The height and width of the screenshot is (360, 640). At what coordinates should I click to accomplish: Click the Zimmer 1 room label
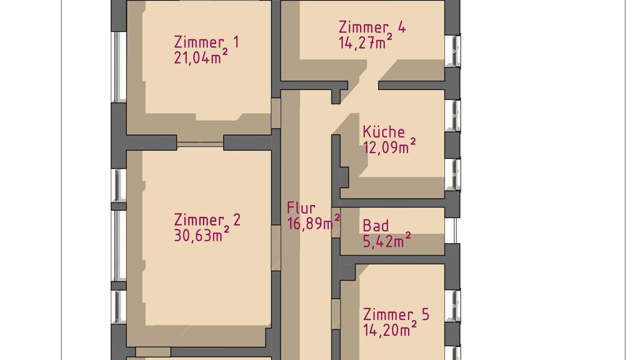tap(206, 42)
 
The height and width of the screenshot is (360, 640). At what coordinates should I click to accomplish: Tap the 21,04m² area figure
tap(201, 57)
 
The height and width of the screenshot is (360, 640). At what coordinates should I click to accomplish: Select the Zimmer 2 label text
tap(207, 219)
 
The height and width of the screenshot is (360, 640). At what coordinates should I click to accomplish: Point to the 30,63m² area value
tap(201, 235)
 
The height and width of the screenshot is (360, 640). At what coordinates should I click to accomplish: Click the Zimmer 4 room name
tap(372, 27)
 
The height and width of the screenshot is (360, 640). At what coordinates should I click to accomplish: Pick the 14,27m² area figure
tap(365, 42)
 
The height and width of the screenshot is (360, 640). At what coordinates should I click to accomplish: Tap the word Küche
tap(384, 132)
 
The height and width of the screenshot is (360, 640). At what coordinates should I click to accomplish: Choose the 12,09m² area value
tap(389, 146)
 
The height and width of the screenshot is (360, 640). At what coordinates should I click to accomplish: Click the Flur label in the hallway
tap(301, 208)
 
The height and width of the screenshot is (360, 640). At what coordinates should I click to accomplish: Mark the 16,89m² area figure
tap(314, 223)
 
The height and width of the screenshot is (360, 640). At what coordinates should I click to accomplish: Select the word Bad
tap(376, 226)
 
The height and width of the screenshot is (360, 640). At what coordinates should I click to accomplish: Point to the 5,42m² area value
tap(386, 241)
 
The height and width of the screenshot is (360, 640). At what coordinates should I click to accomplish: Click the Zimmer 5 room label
tap(396, 315)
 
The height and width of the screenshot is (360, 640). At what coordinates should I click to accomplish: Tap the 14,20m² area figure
tap(390, 329)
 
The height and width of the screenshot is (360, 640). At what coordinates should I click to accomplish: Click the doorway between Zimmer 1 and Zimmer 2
tap(200, 144)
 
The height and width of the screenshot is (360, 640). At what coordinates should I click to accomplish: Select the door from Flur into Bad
tap(336, 222)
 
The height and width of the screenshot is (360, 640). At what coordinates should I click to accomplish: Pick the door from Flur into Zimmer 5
tap(336, 314)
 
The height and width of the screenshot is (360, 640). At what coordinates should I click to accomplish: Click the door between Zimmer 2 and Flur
tap(276, 247)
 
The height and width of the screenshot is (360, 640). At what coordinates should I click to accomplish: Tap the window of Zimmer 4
tap(452, 51)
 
